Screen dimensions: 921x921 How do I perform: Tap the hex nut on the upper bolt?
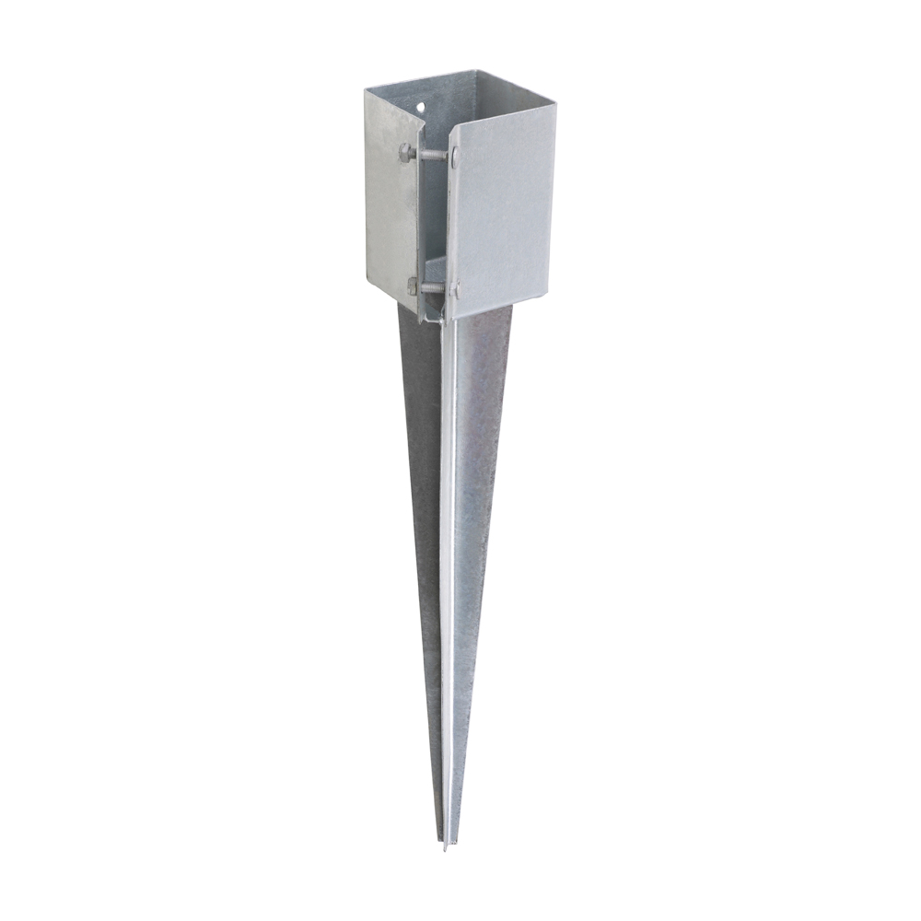pos(406,151)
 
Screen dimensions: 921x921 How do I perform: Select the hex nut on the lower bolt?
pos(413,286)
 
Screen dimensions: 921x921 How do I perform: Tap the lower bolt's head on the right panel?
pos(455,290)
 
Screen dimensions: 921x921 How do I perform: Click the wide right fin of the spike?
pos(479,460)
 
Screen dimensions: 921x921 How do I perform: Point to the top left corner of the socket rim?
pos(366,90)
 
